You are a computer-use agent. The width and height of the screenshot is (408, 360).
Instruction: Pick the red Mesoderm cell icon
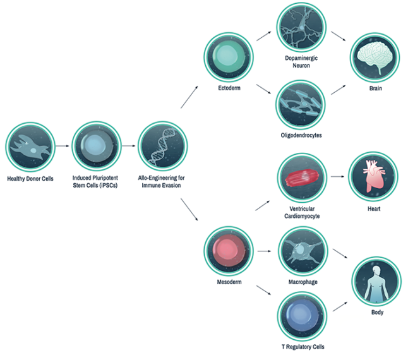[229, 251]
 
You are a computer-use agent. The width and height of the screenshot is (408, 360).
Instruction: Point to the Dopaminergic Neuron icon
[301, 27]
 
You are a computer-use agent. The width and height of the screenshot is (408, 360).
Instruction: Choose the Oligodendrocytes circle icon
[301, 102]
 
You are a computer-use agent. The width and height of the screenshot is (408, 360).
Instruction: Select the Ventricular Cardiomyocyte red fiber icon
[301, 177]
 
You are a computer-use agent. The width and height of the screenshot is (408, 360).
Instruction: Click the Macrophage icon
[301, 251]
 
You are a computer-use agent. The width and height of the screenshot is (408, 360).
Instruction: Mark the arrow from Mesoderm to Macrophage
[264, 251]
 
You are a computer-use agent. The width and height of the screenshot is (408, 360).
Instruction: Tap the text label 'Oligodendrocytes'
[301, 135]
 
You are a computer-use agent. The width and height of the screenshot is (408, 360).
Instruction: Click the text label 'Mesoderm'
[229, 282]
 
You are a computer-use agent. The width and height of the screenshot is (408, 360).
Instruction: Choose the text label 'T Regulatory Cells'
[301, 346]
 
